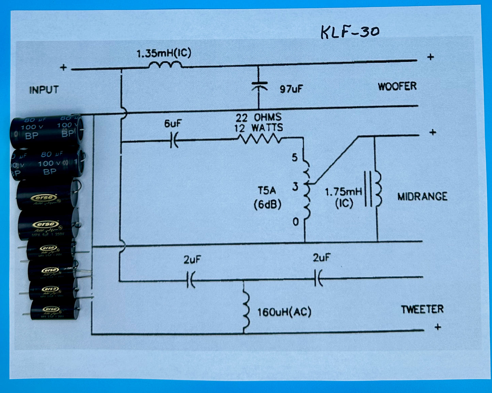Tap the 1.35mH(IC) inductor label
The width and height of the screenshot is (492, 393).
[164, 53]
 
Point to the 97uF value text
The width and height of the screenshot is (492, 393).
[291, 89]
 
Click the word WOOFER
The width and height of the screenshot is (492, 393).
[397, 86]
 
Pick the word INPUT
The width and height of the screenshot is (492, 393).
[44, 90]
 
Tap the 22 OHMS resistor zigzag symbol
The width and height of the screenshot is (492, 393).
[259, 139]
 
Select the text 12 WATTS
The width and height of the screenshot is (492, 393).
[258, 128]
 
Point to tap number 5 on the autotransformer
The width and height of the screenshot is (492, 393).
[295, 157]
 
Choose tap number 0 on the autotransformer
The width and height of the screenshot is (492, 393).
[296, 222]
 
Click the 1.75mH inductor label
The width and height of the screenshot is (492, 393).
[344, 192]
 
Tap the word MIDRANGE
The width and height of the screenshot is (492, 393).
[422, 196]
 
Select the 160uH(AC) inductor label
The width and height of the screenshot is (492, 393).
[284, 312]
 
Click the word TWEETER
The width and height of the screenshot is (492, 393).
[422, 309]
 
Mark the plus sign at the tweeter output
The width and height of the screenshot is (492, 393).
[438, 327]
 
